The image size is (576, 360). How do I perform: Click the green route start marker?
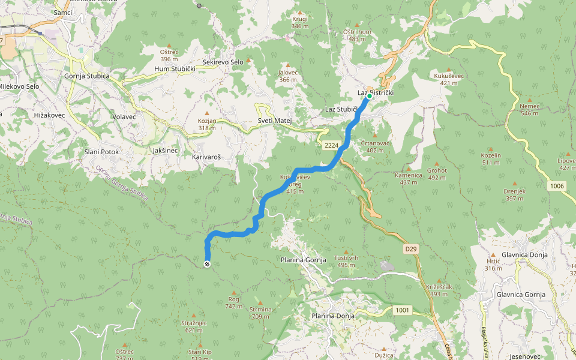[x=370, y=95]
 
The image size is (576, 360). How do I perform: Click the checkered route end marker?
[x=208, y=264]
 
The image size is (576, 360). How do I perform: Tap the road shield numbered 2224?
[x=331, y=146]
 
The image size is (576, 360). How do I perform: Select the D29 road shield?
[x=410, y=248]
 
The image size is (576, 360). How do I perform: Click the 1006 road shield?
[x=556, y=187]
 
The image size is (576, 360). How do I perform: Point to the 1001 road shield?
[x=403, y=310]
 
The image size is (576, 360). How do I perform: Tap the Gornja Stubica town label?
[x=87, y=76]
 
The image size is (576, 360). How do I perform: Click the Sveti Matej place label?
[x=274, y=121]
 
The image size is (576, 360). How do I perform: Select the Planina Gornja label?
[x=303, y=260]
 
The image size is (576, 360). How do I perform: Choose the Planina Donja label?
[x=332, y=316]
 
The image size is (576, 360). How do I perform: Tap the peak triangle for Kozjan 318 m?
[x=208, y=113]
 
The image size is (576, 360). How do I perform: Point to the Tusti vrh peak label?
[x=346, y=257]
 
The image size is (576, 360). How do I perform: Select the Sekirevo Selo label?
[x=223, y=62]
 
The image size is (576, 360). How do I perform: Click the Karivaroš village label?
[x=206, y=157]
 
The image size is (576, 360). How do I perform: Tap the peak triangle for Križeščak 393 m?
[x=439, y=280]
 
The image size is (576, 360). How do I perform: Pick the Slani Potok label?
[x=101, y=152]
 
